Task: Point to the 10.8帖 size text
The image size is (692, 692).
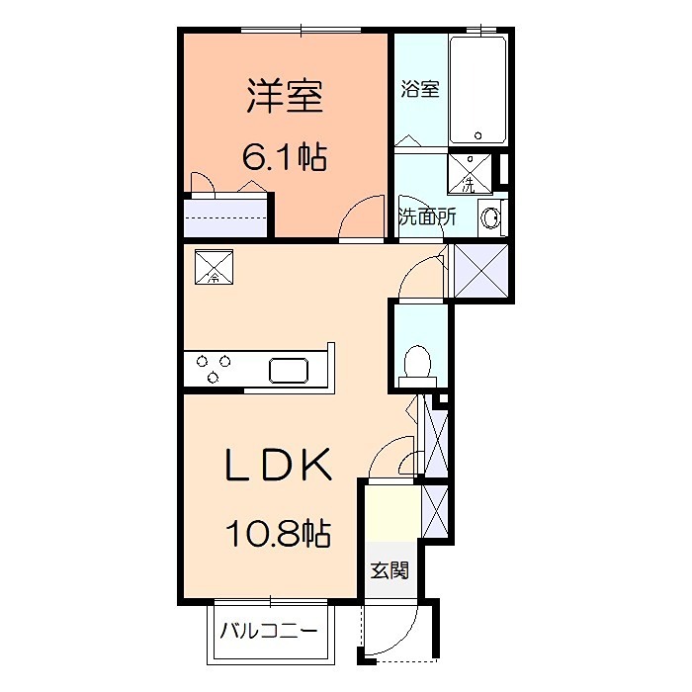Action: (x=276, y=535)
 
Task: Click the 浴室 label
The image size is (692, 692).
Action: (x=419, y=89)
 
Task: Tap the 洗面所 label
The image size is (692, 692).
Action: (x=426, y=216)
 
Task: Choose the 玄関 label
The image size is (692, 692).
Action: (x=389, y=570)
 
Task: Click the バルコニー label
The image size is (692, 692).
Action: (x=268, y=630)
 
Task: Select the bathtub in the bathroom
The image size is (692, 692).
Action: (x=477, y=90)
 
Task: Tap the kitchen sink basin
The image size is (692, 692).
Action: (x=291, y=371)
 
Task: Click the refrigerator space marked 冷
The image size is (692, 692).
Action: (x=216, y=266)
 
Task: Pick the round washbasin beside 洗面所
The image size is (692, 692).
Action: (x=490, y=218)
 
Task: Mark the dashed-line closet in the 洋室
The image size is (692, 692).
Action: (x=227, y=216)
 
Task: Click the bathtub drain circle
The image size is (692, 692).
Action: (x=477, y=135)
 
